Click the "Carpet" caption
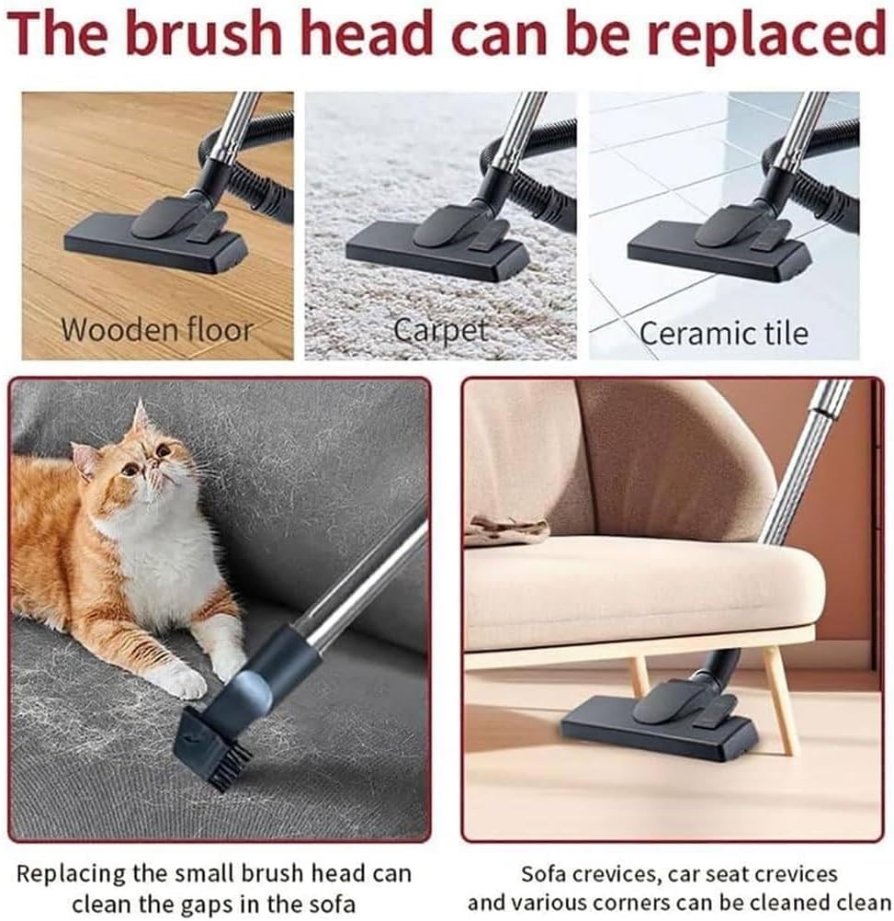442,330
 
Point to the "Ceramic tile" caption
724,332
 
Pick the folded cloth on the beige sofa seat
506,529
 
